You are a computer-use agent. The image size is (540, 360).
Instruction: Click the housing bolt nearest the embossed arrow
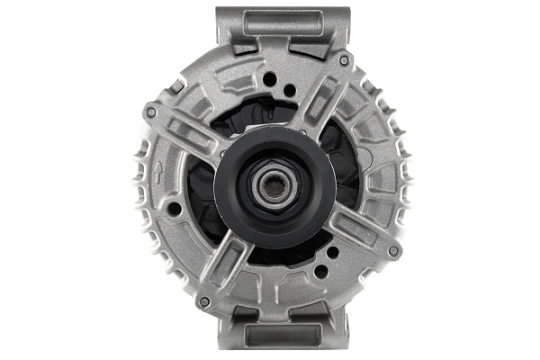(150, 112)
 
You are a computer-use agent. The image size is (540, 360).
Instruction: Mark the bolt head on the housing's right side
(392, 249)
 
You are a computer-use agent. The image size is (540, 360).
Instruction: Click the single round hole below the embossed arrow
(175, 211)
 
